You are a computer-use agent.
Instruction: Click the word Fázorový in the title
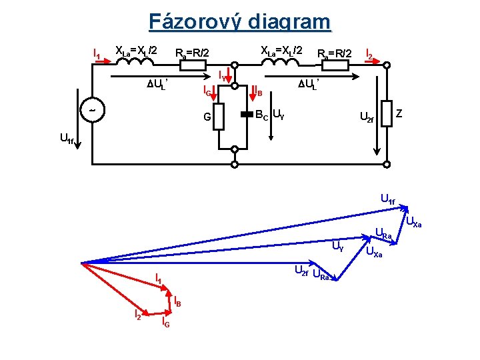click(195, 22)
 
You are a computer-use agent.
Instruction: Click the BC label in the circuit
click(262, 115)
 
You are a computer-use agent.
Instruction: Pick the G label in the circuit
click(207, 118)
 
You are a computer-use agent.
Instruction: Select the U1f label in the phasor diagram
click(387, 197)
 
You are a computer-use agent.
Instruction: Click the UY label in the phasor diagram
click(339, 247)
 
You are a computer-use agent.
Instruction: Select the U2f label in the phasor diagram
click(301, 270)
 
